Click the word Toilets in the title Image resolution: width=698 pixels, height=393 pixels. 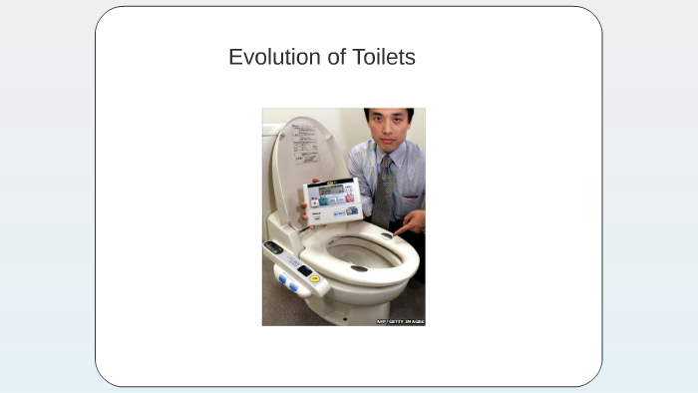pyautogui.click(x=384, y=57)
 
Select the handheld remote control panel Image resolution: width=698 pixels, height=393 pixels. pyautogui.click(x=332, y=200)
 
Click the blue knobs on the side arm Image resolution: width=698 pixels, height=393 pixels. pyautogui.click(x=288, y=284)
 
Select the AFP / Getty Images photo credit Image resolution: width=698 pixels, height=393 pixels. pyautogui.click(x=400, y=321)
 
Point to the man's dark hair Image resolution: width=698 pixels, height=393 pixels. pyautogui.click(x=388, y=113)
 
